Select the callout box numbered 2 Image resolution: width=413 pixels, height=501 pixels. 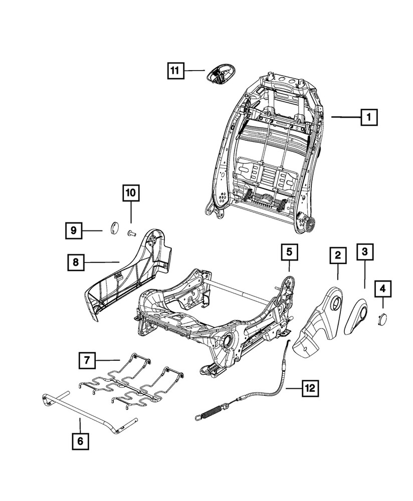338,255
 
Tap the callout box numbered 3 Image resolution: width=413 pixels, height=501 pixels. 364,252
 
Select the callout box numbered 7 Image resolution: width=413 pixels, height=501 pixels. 87,360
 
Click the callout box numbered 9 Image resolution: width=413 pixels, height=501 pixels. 73,230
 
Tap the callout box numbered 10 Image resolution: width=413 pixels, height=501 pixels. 130,192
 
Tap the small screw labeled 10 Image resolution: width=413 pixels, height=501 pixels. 132,232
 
